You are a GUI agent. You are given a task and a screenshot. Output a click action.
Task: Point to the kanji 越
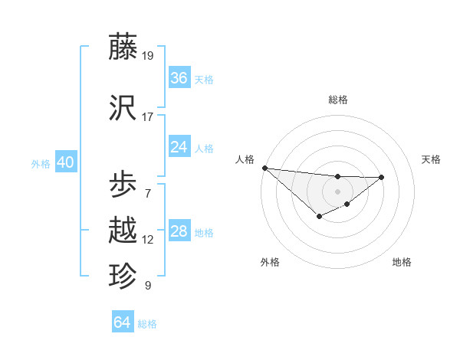point(123,231)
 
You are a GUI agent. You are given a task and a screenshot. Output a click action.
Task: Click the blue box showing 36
point(179,78)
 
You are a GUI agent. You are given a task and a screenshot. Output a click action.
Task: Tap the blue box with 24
point(179,147)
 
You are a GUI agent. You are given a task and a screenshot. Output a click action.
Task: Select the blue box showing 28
point(179,231)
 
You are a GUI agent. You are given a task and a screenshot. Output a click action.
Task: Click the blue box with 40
point(65,162)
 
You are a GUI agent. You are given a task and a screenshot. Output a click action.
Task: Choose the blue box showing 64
point(123,322)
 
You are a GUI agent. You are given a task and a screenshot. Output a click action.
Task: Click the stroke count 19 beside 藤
point(148,56)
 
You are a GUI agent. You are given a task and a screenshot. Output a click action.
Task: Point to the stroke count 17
point(148,117)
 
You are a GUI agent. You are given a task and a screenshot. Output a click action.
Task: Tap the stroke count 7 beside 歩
point(148,194)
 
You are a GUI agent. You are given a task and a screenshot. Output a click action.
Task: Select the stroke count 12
point(148,240)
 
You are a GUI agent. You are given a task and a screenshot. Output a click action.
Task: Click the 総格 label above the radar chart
point(337,100)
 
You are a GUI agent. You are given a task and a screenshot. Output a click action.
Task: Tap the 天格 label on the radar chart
point(431,159)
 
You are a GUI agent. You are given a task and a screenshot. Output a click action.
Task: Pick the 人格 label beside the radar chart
point(245,159)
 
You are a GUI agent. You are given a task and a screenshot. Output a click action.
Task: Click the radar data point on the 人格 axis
point(264,168)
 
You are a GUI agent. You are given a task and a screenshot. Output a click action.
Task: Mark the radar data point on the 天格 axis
point(382,177)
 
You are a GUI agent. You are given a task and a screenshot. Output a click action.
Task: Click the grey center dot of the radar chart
point(337,191)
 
